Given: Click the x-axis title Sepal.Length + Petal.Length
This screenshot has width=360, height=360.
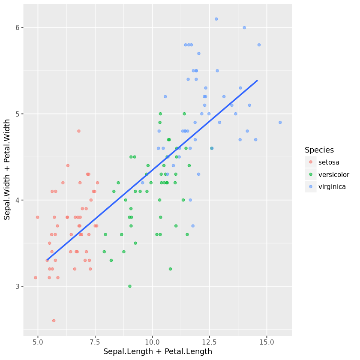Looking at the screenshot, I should [x=158, y=352].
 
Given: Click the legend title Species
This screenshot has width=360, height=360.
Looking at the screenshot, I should [x=319, y=150].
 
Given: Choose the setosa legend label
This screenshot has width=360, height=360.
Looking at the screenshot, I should [x=329, y=162].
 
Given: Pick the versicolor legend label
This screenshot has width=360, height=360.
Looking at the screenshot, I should [x=333, y=174].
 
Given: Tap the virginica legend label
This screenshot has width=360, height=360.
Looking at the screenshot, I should [x=332, y=186].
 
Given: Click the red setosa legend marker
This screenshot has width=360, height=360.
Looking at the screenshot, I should [x=311, y=162].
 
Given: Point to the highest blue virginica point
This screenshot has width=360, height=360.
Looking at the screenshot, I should [x=216, y=19].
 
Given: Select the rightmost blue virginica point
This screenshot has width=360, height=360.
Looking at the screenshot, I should [x=280, y=122].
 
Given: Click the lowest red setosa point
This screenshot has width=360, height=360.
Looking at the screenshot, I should [x=54, y=321].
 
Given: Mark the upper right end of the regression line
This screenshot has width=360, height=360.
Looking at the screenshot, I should [x=257, y=80].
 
